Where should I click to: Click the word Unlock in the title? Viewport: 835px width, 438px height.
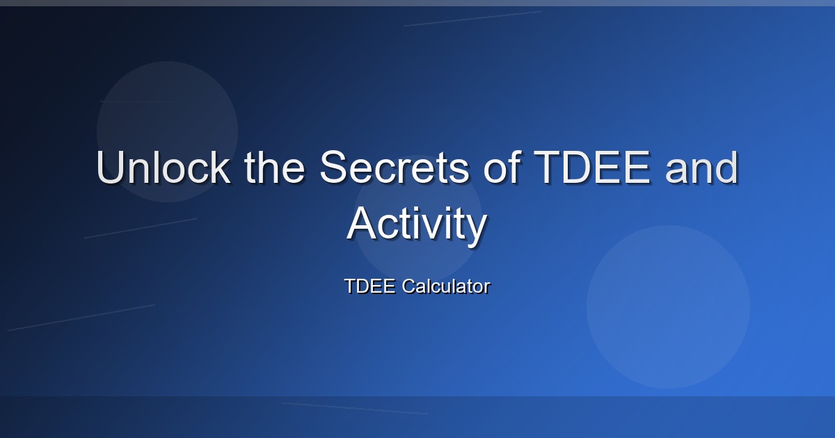[x=164, y=167]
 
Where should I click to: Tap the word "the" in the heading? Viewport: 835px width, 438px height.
[x=274, y=167]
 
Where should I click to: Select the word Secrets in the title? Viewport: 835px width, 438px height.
[x=395, y=167]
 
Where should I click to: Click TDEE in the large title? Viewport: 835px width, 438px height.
[x=592, y=167]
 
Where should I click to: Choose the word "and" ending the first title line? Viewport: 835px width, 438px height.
[x=701, y=167]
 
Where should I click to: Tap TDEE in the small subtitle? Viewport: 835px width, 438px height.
[x=369, y=286]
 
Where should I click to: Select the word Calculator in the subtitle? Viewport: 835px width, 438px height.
[x=446, y=286]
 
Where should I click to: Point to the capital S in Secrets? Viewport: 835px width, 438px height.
[x=334, y=167]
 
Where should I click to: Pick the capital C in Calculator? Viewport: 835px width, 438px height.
[x=409, y=286]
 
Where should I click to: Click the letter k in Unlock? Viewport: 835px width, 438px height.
[x=221, y=167]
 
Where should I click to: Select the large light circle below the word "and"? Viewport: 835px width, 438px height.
[x=669, y=307]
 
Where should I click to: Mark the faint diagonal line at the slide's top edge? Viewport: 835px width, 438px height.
[x=472, y=19]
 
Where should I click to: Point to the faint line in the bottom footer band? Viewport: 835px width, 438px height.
[x=355, y=408]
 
